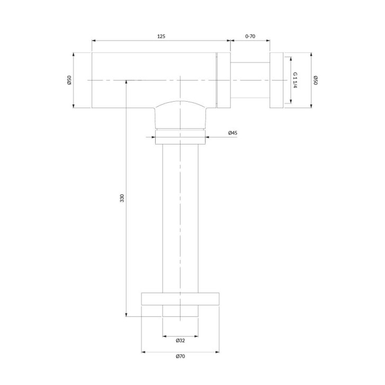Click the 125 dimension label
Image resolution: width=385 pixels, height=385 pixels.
coord(161,37)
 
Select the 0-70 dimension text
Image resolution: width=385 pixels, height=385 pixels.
coord(250,37)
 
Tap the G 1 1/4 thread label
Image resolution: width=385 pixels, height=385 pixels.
coord(296,80)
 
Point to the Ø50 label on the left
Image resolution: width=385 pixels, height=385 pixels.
coord(69,80)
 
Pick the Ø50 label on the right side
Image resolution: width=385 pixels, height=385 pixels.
coord(316,80)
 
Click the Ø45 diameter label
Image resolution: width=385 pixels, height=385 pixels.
coord(232,133)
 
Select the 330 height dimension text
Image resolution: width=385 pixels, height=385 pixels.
coord(122,198)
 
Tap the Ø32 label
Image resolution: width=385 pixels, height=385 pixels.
coord(180,341)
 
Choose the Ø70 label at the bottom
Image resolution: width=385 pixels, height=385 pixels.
coord(180,356)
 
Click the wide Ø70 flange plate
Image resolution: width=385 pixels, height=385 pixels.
coord(180,299)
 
